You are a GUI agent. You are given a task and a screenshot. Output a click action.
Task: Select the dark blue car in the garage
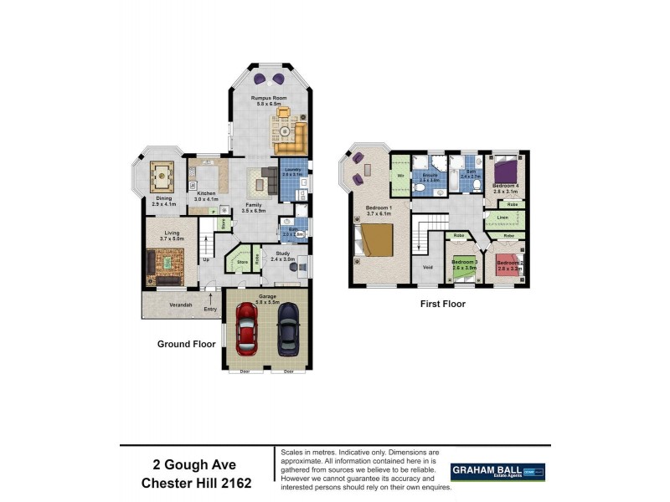[288, 326]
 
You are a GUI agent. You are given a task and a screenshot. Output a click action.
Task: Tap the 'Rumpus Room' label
[270, 98]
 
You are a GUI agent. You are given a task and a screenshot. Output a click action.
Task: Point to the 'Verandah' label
[181, 305]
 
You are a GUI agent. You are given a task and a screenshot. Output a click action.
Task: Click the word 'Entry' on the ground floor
[209, 309]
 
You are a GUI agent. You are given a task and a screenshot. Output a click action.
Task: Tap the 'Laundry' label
[292, 170]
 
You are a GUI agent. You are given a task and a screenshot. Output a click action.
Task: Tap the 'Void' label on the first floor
[427, 268]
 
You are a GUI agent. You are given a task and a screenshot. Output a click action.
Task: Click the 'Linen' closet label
[502, 218]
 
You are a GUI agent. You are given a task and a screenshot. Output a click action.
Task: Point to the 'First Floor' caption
[442, 305]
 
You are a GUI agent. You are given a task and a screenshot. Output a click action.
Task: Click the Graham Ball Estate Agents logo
[497, 472]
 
